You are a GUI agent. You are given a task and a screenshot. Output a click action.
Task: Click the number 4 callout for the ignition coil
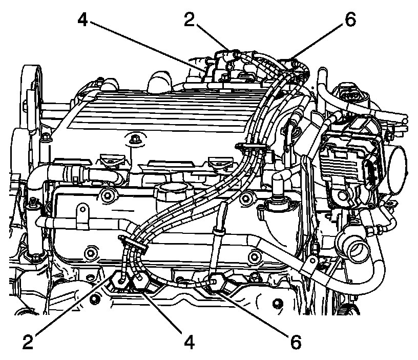(x=82, y=19)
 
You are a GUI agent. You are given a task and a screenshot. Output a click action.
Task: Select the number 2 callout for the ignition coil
(x=189, y=19)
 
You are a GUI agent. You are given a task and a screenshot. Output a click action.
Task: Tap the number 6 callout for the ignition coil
(x=350, y=19)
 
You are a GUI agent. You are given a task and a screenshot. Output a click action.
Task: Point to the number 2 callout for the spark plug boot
(x=28, y=342)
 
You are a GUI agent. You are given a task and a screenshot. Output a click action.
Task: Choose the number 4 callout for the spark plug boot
(x=189, y=342)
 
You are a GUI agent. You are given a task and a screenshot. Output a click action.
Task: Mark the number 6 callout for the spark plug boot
(x=296, y=342)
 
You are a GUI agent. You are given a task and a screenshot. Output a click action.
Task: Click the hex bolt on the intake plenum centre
(x=133, y=139)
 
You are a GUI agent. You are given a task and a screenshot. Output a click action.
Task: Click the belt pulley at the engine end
(x=32, y=88)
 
